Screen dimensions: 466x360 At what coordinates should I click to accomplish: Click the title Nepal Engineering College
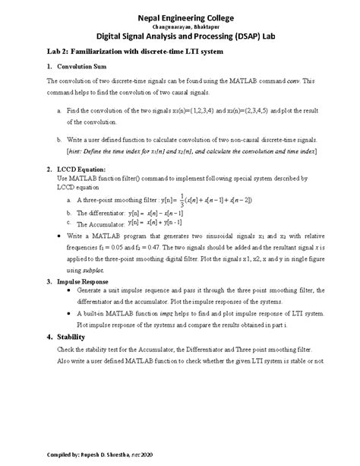pos(180,17)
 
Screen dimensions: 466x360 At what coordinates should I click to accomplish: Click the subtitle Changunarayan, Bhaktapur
pos(180,27)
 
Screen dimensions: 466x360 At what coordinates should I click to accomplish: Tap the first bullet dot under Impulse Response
pos(71,290)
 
